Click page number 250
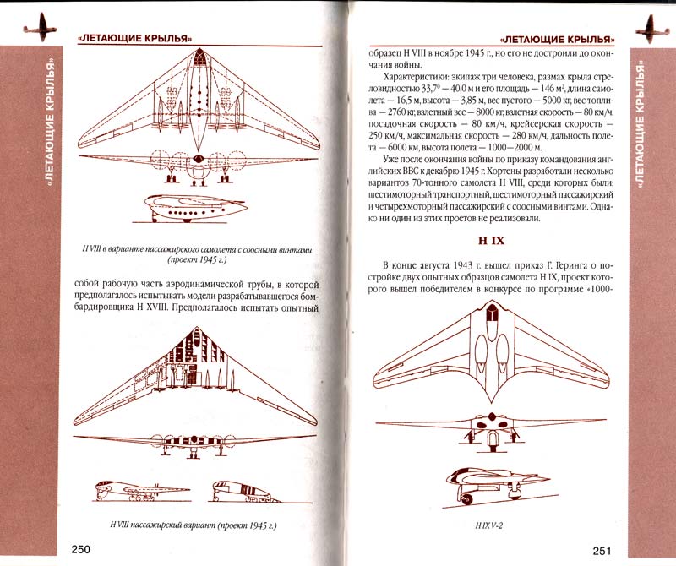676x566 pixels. [x=80, y=550]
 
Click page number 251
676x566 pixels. [x=602, y=551]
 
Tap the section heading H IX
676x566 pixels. [x=491, y=241]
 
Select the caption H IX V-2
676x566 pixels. [x=489, y=525]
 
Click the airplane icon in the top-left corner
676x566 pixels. [x=41, y=28]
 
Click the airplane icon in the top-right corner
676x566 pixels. [x=652, y=30]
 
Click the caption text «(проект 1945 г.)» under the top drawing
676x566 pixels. [x=197, y=260]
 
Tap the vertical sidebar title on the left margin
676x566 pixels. [x=51, y=121]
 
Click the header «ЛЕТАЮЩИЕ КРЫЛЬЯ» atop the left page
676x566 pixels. [x=134, y=38]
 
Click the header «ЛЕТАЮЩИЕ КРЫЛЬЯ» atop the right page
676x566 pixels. [x=557, y=39]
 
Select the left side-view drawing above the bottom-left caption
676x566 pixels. [x=142, y=491]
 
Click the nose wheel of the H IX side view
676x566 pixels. [x=466, y=499]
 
